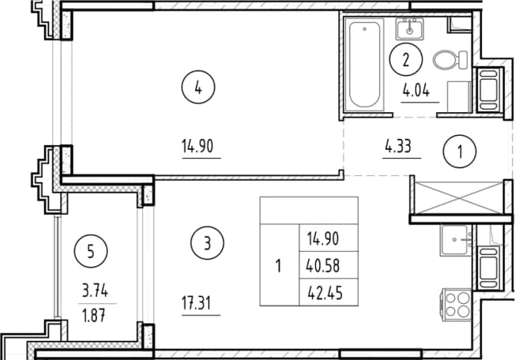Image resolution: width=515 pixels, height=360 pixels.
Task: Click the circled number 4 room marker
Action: pos(198,88)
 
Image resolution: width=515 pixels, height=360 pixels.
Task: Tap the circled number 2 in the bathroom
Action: pos(406,59)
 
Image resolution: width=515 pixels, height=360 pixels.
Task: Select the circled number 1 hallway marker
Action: pos(460,152)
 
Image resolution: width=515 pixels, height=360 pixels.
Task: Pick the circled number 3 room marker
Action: pos(207,243)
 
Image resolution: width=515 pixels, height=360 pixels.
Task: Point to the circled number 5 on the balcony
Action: pos(91,252)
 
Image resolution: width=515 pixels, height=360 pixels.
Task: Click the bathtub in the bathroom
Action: pos(365,64)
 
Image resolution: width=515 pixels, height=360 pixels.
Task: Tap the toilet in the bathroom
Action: pos(449,60)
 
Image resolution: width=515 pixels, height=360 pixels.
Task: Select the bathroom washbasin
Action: pos(410,29)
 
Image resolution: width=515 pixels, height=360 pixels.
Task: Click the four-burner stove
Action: pos(457,305)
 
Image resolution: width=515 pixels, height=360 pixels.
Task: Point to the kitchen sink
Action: pos(457,240)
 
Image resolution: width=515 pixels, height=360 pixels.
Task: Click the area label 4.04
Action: pos(416,91)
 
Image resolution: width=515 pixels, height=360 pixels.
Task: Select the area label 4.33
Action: pos(398,146)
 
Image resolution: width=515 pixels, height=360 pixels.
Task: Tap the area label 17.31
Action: pos(197,303)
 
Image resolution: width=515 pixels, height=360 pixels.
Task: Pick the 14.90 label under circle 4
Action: pos(197,146)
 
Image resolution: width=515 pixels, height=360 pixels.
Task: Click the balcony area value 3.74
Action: pos(95,291)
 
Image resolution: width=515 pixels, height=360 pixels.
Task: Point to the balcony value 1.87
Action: pos(94,316)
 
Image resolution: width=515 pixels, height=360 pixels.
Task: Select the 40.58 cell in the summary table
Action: pos(323,265)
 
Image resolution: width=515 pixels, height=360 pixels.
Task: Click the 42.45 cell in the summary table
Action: pos(325,293)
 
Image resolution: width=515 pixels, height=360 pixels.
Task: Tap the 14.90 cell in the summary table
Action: pos(323,238)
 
